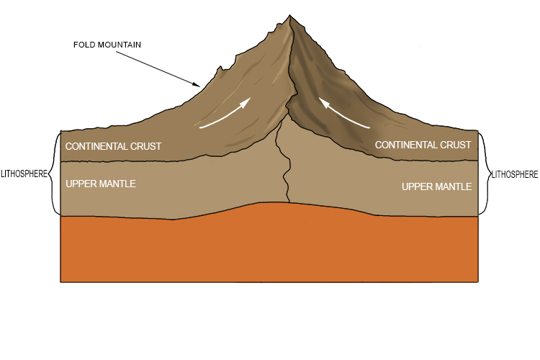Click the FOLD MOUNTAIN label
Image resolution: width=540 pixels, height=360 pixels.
[107, 45]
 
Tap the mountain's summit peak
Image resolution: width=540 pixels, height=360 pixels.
[289, 16]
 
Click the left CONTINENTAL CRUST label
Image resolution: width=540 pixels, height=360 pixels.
[113, 146]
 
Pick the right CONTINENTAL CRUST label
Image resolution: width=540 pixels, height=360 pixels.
[423, 145]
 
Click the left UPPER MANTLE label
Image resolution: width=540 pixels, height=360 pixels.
[100, 184]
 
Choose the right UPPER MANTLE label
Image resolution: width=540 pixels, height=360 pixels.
[436, 186]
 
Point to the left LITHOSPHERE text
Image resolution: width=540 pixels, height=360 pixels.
[24, 174]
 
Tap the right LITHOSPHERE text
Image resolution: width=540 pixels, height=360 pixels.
[514, 174]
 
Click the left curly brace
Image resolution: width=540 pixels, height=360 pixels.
[54, 174]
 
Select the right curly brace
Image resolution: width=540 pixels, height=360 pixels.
[484, 174]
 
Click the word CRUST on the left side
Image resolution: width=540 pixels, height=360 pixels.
[146, 146]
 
